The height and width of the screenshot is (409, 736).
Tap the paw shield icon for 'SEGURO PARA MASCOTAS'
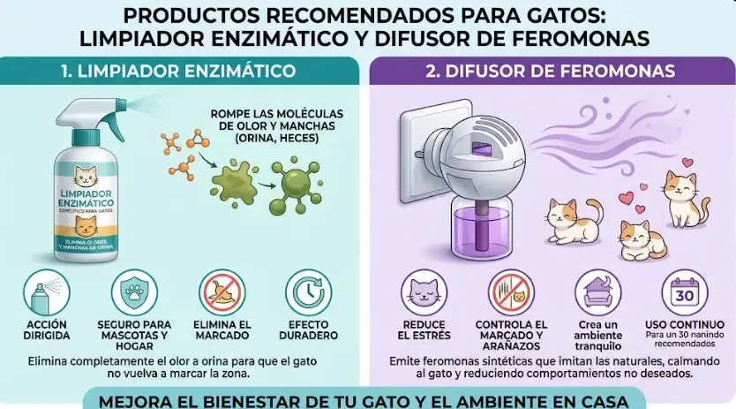[134, 292]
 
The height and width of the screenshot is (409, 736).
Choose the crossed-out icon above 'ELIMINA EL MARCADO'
[222, 292]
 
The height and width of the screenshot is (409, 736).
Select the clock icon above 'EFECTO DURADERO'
[308, 292]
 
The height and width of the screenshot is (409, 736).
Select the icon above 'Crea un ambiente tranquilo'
[598, 292]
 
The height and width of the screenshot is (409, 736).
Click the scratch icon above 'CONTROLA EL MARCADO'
[510, 292]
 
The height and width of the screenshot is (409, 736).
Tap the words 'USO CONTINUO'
[686, 324]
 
